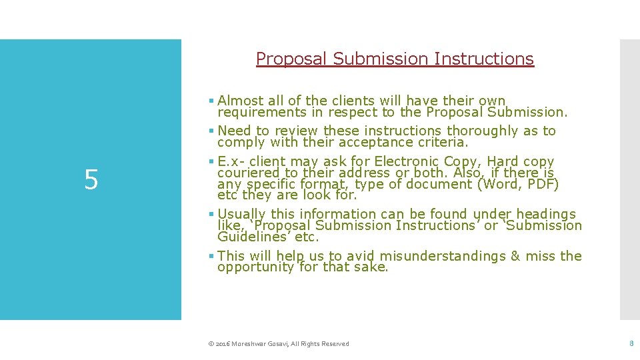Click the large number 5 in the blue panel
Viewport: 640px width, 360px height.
click(91, 180)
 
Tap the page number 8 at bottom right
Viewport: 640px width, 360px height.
click(631, 343)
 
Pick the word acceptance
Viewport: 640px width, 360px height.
click(397, 142)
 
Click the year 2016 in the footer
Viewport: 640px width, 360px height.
click(221, 344)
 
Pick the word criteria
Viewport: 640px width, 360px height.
click(445, 142)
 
